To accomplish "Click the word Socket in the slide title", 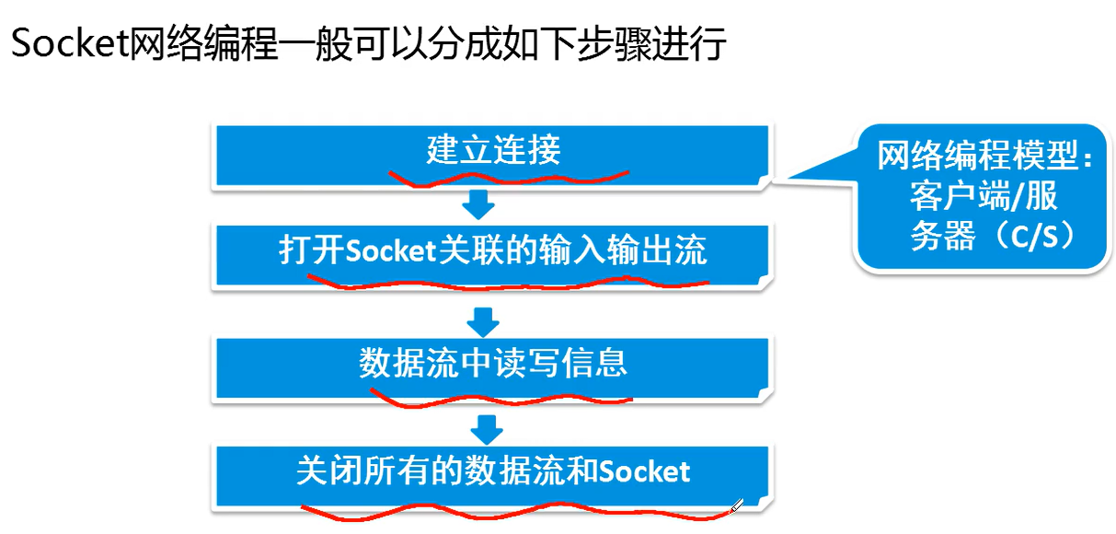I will [x=67, y=43].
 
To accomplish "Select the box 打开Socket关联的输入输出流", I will [x=492, y=251].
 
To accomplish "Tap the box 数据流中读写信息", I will [x=492, y=363].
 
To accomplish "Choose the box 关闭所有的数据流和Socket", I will [x=492, y=471].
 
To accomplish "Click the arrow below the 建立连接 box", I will [x=479, y=204].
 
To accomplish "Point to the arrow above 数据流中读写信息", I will [x=482, y=320].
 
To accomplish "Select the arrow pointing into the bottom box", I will [x=485, y=428].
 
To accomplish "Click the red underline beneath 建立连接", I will [x=506, y=176].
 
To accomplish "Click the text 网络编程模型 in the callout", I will [x=975, y=157].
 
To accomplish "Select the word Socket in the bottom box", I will [x=644, y=471].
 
